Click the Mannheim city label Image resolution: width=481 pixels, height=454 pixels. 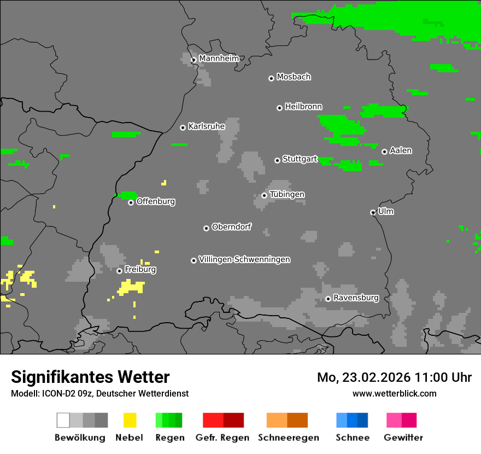pyautogui.click(x=219, y=59)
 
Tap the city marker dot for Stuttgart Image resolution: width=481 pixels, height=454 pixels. pyautogui.click(x=277, y=160)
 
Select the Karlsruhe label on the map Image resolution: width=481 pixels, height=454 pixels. pyautogui.click(x=206, y=126)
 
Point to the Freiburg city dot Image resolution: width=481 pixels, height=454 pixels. pyautogui.click(x=119, y=271)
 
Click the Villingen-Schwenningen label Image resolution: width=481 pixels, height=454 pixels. pyautogui.click(x=244, y=259)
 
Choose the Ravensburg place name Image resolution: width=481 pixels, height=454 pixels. pyautogui.click(x=356, y=298)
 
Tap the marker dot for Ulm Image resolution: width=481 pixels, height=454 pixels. pyautogui.click(x=373, y=212)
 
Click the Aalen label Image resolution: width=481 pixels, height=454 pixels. pyautogui.click(x=401, y=150)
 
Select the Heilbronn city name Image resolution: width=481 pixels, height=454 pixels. pyautogui.click(x=303, y=107)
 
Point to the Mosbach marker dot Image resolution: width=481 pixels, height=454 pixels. pyautogui.click(x=271, y=78)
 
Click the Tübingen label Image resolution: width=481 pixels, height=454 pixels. pyautogui.click(x=287, y=194)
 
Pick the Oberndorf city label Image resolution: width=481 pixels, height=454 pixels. pyautogui.click(x=231, y=226)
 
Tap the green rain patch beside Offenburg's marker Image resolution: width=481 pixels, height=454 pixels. pyautogui.click(x=128, y=195)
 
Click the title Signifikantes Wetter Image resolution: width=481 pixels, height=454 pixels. pyautogui.click(x=90, y=377)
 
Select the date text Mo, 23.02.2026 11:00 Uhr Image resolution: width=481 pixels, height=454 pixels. pyautogui.click(x=394, y=377)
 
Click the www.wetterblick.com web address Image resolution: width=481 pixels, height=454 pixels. pyautogui.click(x=394, y=393)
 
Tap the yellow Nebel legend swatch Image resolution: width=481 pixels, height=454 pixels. pyautogui.click(x=130, y=420)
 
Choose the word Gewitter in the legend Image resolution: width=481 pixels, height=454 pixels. pyautogui.click(x=403, y=438)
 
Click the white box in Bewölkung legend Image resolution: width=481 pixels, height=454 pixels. pyautogui.click(x=63, y=420)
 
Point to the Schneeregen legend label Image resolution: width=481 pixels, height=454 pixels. pyautogui.click(x=289, y=438)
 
